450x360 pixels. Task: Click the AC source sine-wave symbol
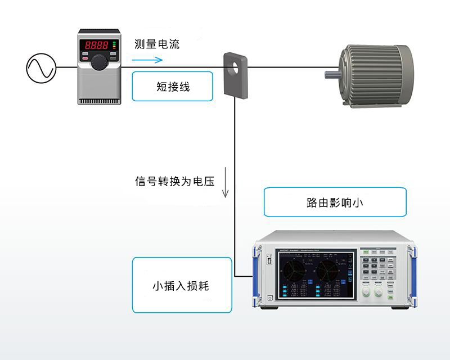tap(41, 67)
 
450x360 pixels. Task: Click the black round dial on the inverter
tap(99, 62)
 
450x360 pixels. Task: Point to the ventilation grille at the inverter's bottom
tap(99, 100)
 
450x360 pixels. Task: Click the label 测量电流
tap(157, 44)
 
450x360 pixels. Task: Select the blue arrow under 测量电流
tap(147, 59)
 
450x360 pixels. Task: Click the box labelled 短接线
tap(173, 87)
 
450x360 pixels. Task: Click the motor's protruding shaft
tap(332, 74)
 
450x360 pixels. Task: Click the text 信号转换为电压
tap(175, 182)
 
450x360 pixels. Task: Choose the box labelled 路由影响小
tap(335, 202)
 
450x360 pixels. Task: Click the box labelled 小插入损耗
tap(181, 285)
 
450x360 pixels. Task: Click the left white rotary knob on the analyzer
tap(367, 292)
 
